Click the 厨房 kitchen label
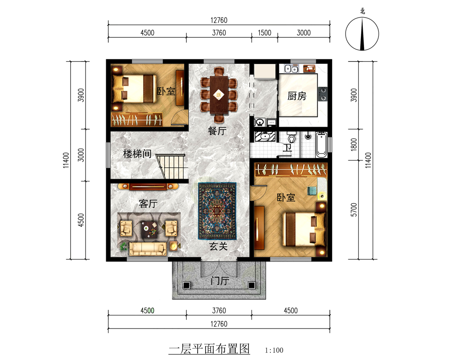click(x=297, y=96)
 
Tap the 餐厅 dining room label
click(x=216, y=131)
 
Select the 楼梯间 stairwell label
click(x=137, y=154)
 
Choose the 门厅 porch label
click(x=220, y=281)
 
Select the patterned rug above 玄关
click(x=217, y=211)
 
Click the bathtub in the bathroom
click(x=321, y=145)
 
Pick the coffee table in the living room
click(x=148, y=230)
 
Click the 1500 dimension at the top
click(x=264, y=32)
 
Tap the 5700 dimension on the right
click(x=353, y=209)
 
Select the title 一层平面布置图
click(x=209, y=349)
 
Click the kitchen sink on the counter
click(x=291, y=69)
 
